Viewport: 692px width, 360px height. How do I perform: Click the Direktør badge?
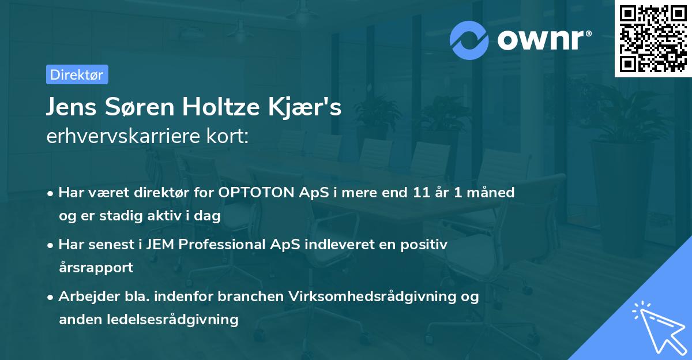77,74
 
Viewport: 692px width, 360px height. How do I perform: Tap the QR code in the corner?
653,39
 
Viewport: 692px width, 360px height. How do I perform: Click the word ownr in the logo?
543,40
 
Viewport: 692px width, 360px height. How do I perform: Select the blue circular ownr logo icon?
469,40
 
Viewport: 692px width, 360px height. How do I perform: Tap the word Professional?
217,245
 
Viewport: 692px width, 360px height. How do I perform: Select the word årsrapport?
96,267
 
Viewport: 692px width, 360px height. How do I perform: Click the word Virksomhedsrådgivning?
379,297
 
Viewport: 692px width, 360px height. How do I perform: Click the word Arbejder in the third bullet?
85,297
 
